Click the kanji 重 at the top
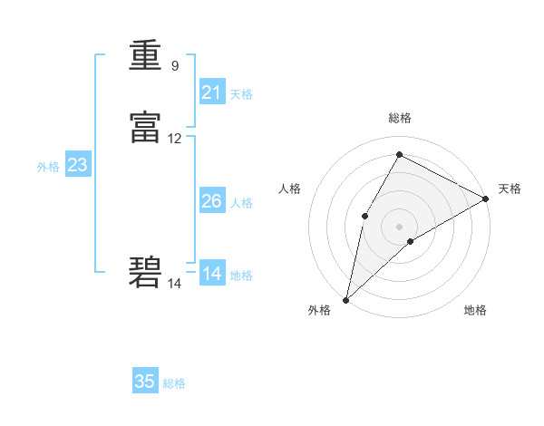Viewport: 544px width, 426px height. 145,57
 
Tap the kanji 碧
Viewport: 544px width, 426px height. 145,272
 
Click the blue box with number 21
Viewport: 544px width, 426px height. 212,92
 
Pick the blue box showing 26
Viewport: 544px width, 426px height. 212,201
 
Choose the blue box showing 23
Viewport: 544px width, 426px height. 77,165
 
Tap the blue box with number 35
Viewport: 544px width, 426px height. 145,382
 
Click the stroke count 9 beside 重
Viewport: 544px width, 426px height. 174,65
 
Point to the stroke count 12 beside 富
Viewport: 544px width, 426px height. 175,139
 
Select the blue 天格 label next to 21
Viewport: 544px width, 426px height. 241,94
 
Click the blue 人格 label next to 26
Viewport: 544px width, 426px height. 241,203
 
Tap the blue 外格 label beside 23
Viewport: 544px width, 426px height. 48,167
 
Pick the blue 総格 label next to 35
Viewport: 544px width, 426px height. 174,383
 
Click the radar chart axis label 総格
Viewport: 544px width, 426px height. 400,118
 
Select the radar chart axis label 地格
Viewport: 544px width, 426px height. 475,310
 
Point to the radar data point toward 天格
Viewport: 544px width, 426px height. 486,198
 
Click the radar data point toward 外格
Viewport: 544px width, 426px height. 345,299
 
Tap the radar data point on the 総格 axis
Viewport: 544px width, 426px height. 399,154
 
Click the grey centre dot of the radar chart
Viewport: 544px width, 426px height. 399,226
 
